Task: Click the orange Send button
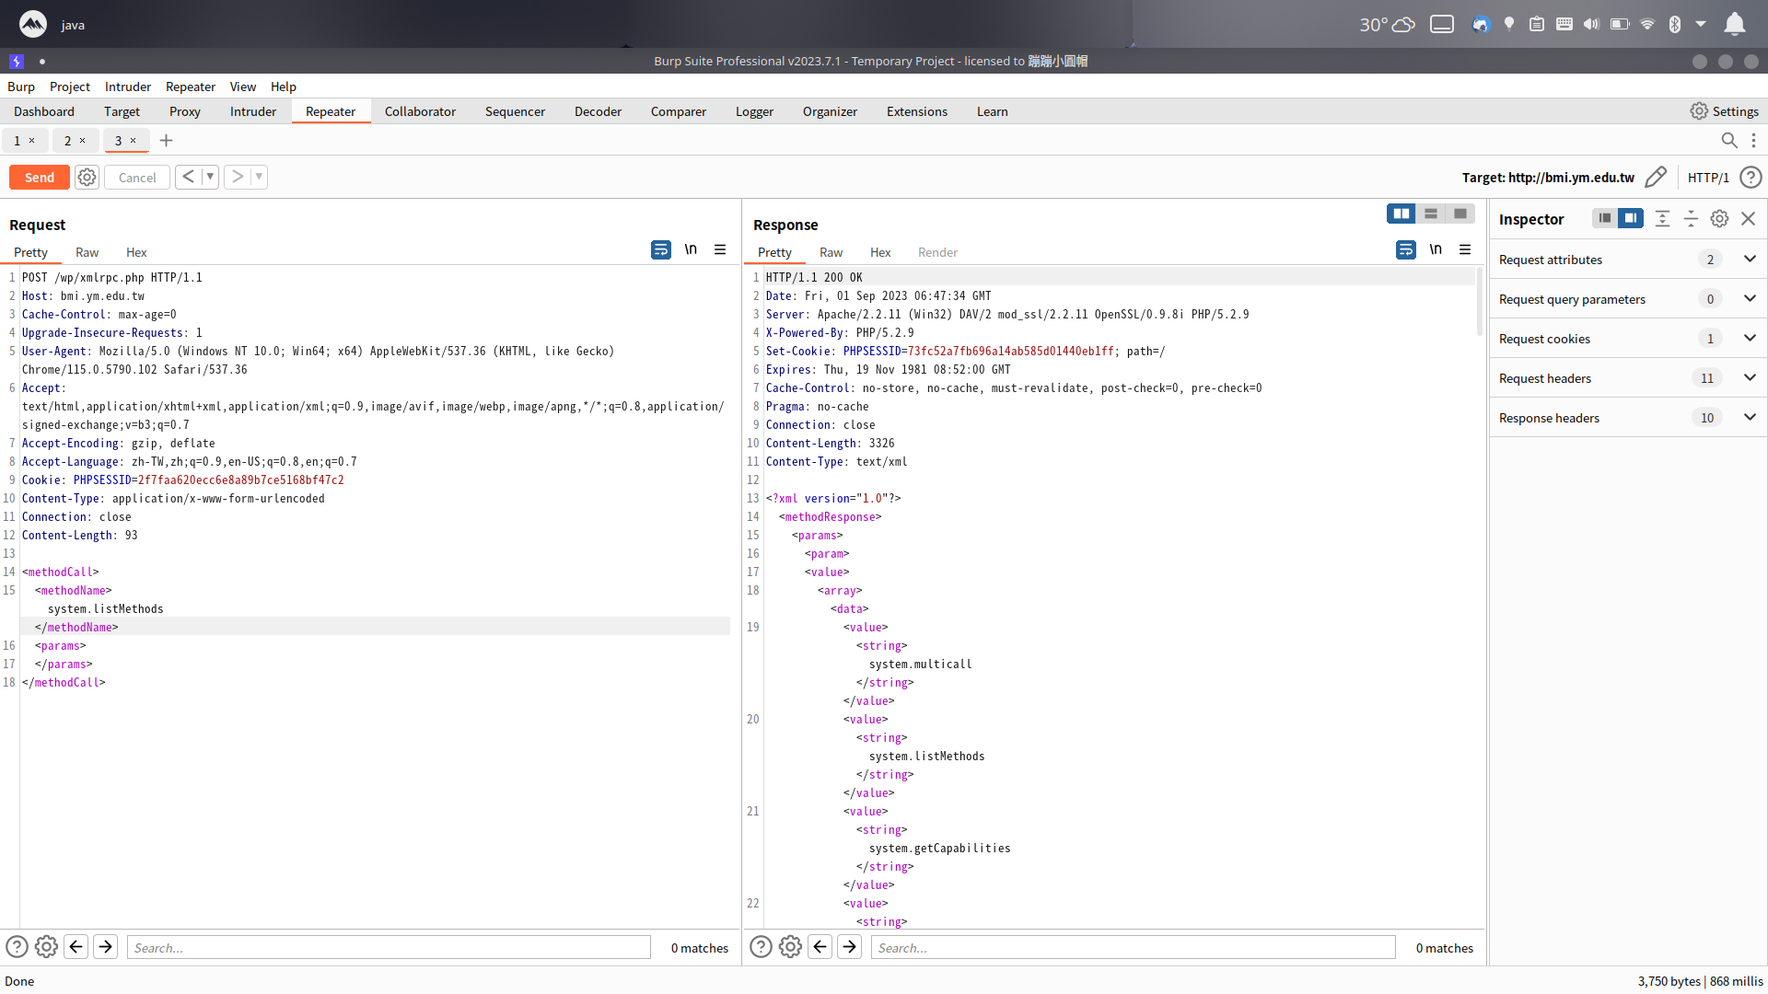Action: (x=40, y=178)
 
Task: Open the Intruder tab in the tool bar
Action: (x=252, y=111)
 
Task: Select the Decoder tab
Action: (x=598, y=111)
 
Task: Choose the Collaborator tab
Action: (x=420, y=111)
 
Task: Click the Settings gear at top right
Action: (x=1699, y=111)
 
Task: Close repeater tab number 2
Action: (x=82, y=141)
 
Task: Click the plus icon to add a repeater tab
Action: (x=166, y=141)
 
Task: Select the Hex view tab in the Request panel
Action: (x=136, y=252)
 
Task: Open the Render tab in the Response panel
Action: (x=937, y=252)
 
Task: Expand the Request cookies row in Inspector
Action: (x=1750, y=339)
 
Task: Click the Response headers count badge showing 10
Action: (x=1707, y=418)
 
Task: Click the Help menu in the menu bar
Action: (x=283, y=87)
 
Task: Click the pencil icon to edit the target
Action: (x=1656, y=177)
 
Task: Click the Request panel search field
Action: (x=389, y=947)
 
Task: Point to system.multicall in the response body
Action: (x=920, y=665)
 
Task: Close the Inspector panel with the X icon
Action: (x=1748, y=219)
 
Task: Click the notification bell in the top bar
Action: (x=1734, y=24)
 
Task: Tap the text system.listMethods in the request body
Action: (x=105, y=609)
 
